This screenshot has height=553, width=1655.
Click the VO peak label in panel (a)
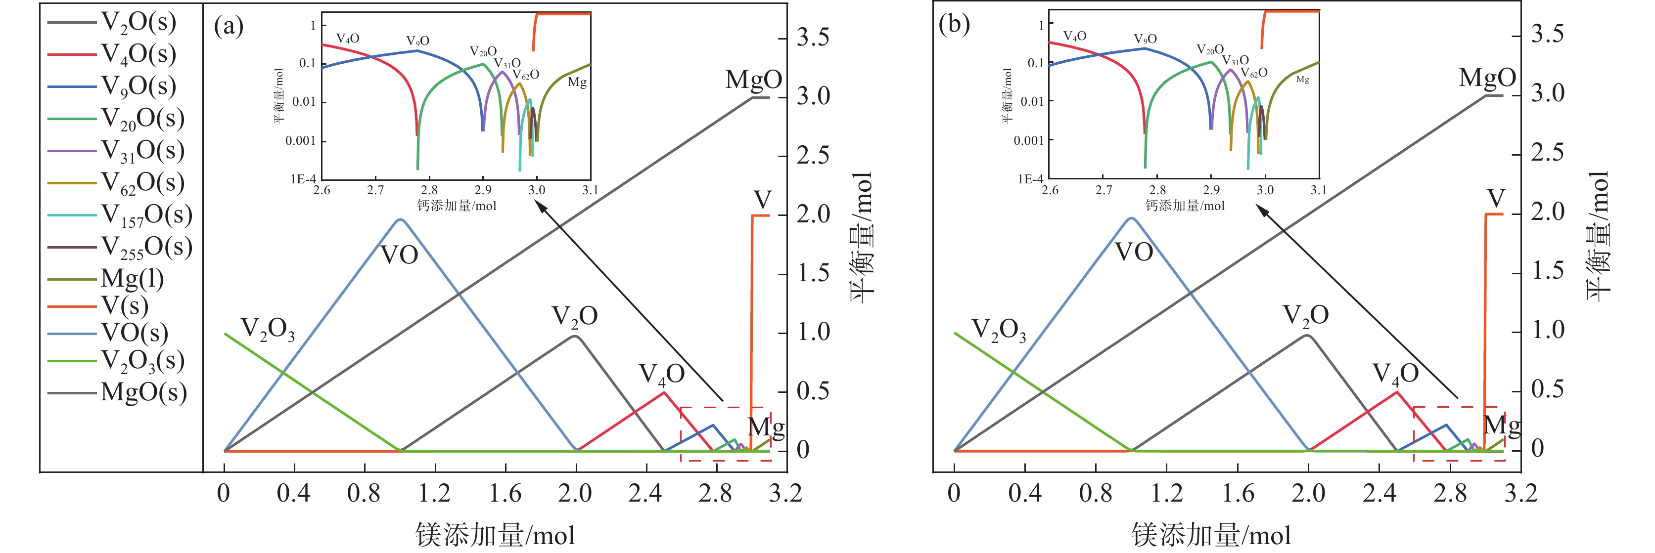pos(399,255)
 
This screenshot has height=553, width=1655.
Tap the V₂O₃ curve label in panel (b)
pos(999,330)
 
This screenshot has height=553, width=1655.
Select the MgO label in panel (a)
pos(753,80)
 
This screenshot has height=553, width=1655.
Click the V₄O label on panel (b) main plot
pos(1395,374)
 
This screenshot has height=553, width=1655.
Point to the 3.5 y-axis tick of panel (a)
pos(813,37)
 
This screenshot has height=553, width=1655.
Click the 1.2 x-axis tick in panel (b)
pos(1166,493)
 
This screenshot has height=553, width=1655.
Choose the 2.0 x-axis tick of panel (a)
pos(575,493)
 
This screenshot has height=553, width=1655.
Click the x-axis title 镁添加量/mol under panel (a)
pos(495,534)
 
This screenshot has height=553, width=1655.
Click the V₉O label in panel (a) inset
pos(417,41)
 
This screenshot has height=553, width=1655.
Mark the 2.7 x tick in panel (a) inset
pos(375,190)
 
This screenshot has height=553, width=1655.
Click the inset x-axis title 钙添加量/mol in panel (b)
pos(1185,206)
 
